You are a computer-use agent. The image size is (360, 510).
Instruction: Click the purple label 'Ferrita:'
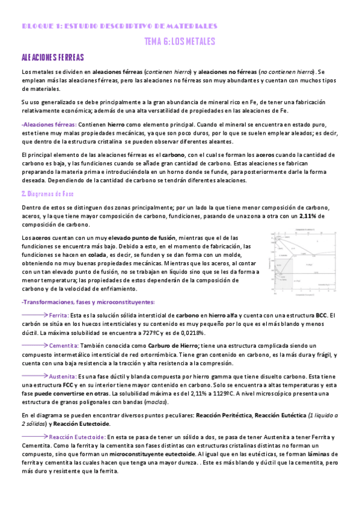tap(59, 315)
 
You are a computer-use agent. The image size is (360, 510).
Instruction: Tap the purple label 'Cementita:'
tap(64, 345)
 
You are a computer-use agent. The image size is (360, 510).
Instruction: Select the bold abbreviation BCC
tap(322, 315)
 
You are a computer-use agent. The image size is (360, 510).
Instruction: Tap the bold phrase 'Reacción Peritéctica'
tap(221, 414)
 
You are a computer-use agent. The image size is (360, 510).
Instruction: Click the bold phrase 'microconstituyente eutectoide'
tap(141, 455)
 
